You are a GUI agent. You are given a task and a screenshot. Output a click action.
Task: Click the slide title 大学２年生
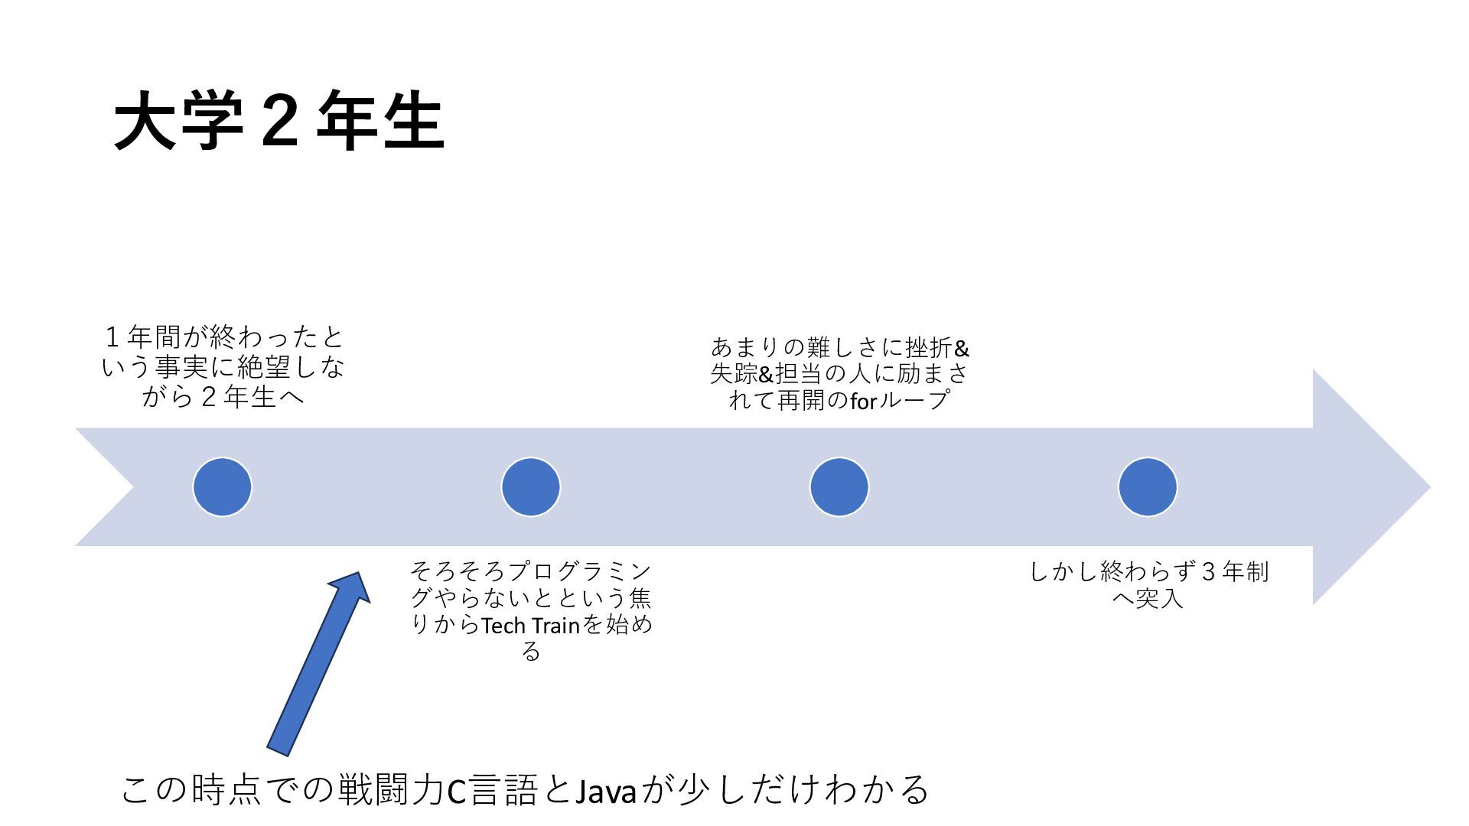coord(278,121)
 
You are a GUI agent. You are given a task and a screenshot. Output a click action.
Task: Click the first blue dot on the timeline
coord(223,487)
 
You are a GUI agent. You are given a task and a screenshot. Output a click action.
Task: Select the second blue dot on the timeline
coord(531,487)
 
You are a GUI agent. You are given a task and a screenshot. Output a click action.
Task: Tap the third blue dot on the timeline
coord(839,487)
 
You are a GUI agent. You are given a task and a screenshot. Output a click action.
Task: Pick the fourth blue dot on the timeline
coord(1148,487)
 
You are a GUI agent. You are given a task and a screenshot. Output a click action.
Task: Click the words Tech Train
coord(530,626)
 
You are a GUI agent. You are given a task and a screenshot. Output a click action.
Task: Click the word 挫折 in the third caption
coord(930,348)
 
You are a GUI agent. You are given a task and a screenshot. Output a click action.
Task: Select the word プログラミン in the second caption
coord(580,571)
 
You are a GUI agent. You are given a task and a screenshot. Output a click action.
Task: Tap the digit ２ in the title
coord(278,121)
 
